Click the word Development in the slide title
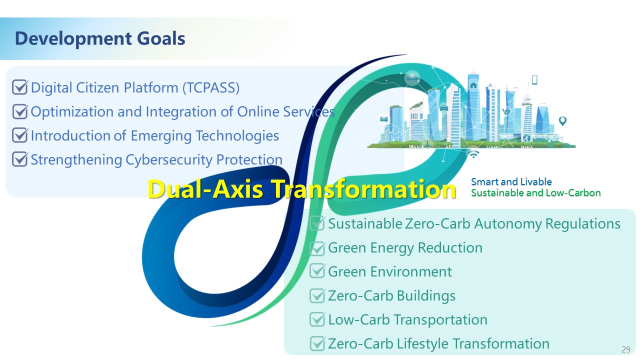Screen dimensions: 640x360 (73, 38)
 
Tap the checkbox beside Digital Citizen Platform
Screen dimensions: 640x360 (20, 87)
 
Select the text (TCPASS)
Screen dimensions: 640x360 (211, 87)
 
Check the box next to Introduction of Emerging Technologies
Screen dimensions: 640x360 (20, 135)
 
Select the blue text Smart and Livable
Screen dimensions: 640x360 (511, 181)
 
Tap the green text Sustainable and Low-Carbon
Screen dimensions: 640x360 (535, 193)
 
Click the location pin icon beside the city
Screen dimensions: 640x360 (562, 121)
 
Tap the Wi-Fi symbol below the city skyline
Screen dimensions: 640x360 (473, 154)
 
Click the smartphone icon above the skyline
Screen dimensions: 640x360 (534, 79)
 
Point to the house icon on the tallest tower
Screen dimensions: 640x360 (473, 85)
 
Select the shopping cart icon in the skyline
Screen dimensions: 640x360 (505, 111)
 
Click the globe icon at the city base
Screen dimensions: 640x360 (526, 138)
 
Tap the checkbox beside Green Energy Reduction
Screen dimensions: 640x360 (317, 248)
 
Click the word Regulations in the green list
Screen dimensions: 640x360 (583, 223)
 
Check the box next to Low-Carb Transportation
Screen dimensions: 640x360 (317, 319)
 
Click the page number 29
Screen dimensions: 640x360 (625, 349)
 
